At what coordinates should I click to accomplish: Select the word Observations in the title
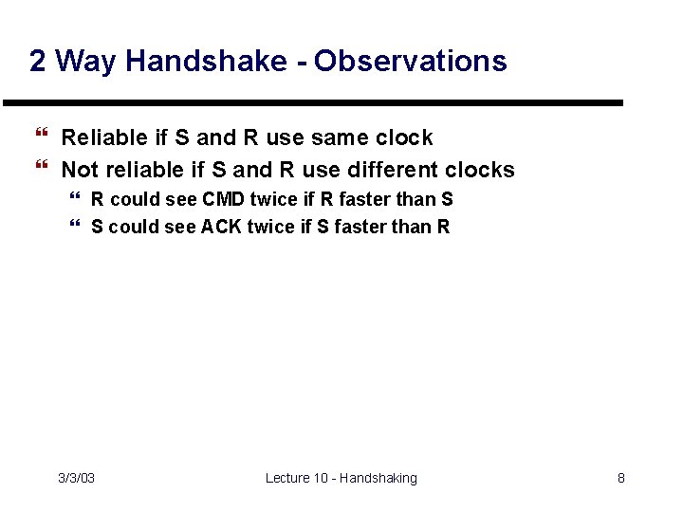411,62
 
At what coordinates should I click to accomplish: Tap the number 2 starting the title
38,62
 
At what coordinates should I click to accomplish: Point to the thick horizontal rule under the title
313,102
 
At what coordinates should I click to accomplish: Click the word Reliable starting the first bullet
102,137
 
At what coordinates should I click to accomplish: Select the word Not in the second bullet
79,170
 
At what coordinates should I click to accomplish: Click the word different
393,170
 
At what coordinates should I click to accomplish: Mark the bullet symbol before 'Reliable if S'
40,137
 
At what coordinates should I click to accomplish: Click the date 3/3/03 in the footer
76,478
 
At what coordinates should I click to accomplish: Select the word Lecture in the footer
288,478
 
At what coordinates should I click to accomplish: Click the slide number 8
621,478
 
